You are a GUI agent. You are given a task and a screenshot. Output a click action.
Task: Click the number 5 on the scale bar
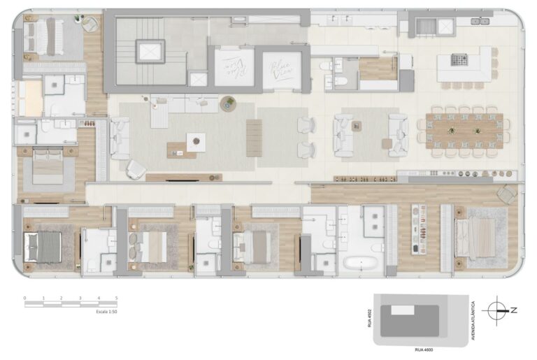click(117, 298)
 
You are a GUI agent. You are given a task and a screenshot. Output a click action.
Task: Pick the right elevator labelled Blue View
click(282, 69)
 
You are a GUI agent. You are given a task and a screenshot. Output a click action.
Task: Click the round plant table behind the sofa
click(228, 104)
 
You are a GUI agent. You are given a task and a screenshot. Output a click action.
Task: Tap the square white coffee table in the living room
click(196, 143)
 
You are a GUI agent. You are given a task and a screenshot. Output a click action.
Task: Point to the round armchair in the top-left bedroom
click(89, 24)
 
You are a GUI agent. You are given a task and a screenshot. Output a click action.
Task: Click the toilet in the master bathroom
click(377, 247)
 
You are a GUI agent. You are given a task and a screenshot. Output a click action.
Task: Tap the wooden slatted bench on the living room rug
click(254, 138)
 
